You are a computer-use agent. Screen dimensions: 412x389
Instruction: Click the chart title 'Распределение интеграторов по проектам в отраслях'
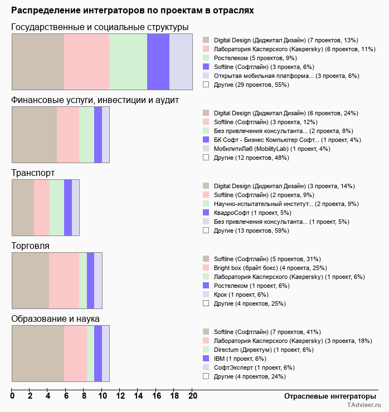[133, 11]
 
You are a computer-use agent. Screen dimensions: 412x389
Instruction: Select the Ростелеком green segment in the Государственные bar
[128, 61]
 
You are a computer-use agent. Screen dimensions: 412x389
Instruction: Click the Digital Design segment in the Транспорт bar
[23, 208]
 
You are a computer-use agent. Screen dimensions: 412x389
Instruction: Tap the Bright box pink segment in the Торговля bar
[64, 280]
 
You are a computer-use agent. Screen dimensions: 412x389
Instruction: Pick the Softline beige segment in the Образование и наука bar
[37, 354]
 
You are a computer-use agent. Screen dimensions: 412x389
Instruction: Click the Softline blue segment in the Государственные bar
[158, 61]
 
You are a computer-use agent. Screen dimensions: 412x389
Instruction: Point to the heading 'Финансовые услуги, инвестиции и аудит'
[103, 100]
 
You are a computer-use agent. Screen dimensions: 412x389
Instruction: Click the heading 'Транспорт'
[33, 173]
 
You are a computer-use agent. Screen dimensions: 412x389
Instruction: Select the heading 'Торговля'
[30, 246]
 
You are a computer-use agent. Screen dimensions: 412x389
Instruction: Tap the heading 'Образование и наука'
[55, 319]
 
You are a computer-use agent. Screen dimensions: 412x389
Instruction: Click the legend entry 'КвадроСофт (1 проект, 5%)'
[252, 213]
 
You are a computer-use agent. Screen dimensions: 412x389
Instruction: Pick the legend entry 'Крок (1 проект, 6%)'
[241, 295]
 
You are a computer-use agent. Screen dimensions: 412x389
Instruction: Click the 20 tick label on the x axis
[192, 396]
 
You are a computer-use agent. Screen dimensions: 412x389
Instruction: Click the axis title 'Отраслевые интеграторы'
[327, 396]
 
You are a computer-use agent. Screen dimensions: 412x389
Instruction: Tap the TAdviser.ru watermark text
[363, 406]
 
